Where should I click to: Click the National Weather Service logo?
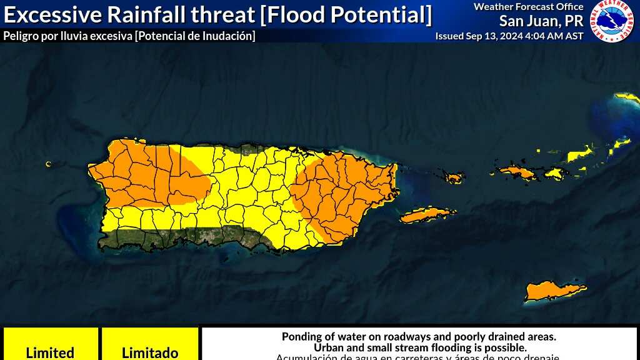pos(612,21)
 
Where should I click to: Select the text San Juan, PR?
pos(541,21)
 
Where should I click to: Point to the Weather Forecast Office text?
pos(528,7)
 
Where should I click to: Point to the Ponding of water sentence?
pos(419,337)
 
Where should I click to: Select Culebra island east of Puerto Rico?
pos(454,178)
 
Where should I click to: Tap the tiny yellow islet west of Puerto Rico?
pos(48,164)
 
